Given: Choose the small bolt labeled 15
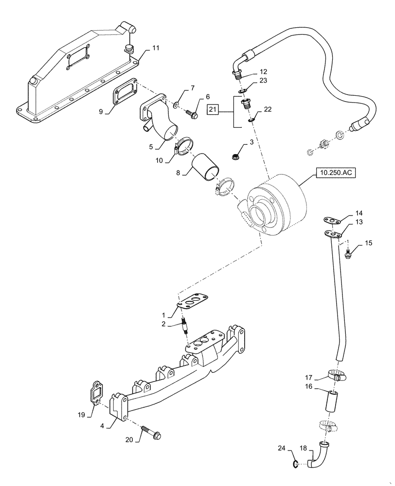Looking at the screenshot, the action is tap(348, 253).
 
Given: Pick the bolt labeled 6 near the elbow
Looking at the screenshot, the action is tap(193, 115).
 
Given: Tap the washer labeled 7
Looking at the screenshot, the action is tap(175, 105).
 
